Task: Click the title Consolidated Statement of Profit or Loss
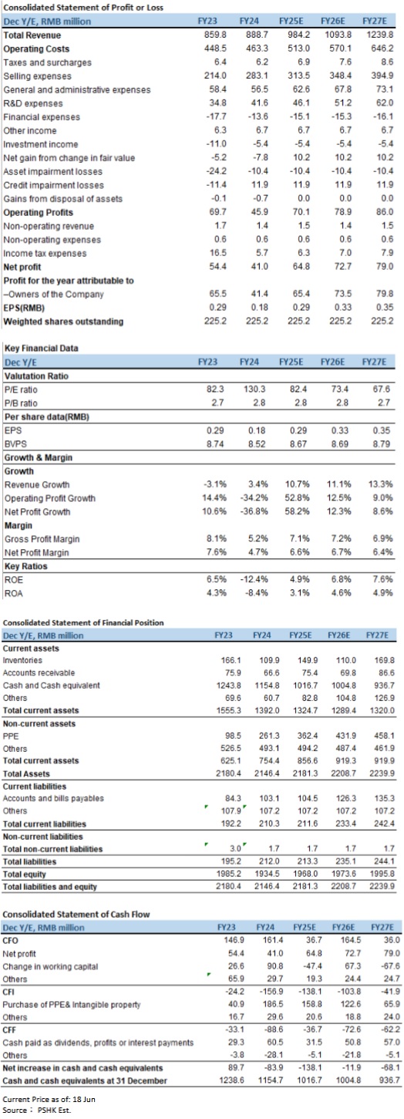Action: click(x=83, y=8)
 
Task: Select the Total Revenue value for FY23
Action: click(x=216, y=35)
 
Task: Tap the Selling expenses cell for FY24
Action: click(x=258, y=76)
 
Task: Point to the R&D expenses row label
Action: click(x=33, y=103)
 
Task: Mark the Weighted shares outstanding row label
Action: click(x=63, y=322)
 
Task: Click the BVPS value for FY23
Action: click(x=215, y=443)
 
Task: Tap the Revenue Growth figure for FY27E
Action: click(x=381, y=484)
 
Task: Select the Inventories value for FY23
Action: click(x=231, y=660)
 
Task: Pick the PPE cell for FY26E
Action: click(x=345, y=736)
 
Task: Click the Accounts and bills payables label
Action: click(x=53, y=798)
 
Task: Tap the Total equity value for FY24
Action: click(x=267, y=875)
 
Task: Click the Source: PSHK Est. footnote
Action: click(x=37, y=1111)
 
